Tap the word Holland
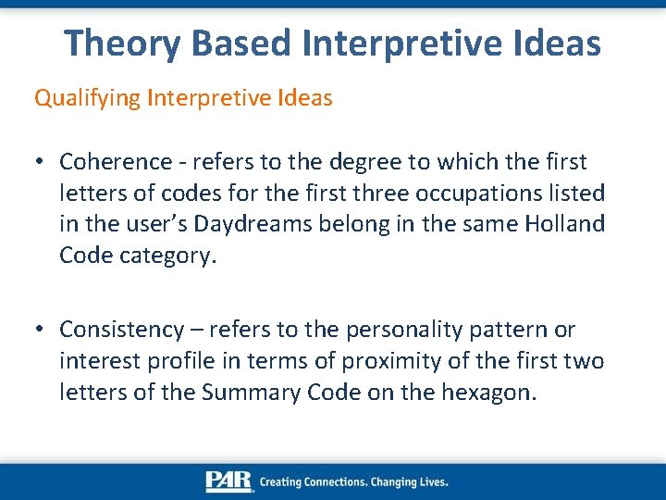pyautogui.click(x=566, y=224)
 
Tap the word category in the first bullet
pyautogui.click(x=167, y=256)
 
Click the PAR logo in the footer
pyautogui.click(x=228, y=481)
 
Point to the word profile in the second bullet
pyautogui.click(x=165, y=361)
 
